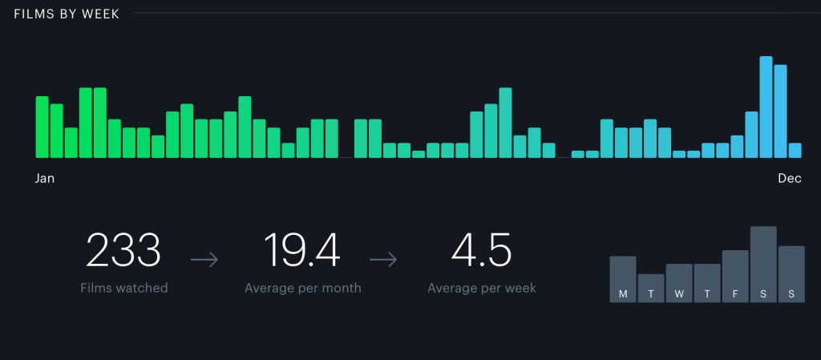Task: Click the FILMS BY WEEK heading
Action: [67, 14]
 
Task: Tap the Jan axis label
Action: [45, 179]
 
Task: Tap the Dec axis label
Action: [789, 179]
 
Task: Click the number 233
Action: [123, 250]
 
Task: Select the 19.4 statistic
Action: [302, 250]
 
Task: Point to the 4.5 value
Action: [481, 250]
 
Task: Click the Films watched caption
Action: [123, 288]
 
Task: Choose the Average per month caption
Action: [302, 288]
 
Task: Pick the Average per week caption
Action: [481, 288]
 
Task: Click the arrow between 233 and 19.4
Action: [204, 259]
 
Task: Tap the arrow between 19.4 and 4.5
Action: [383, 259]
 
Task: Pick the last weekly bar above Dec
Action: [795, 150]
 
